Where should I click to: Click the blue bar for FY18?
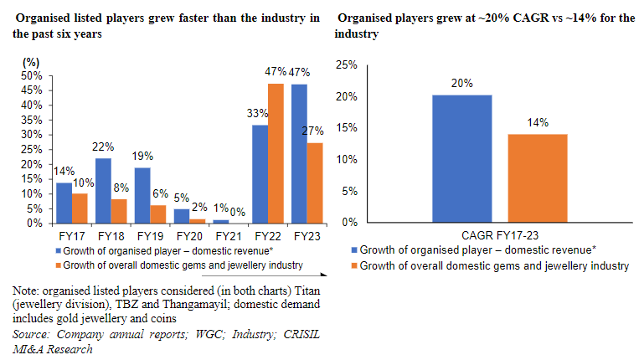pos(103,191)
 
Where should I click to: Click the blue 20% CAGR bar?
pos(461,158)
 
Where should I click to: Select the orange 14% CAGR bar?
pos(537,177)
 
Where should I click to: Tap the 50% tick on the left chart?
pos(32,75)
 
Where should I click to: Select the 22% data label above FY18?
pos(103,147)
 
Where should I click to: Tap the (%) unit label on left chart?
pos(31,62)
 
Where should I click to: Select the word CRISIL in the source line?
pos(294,335)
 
